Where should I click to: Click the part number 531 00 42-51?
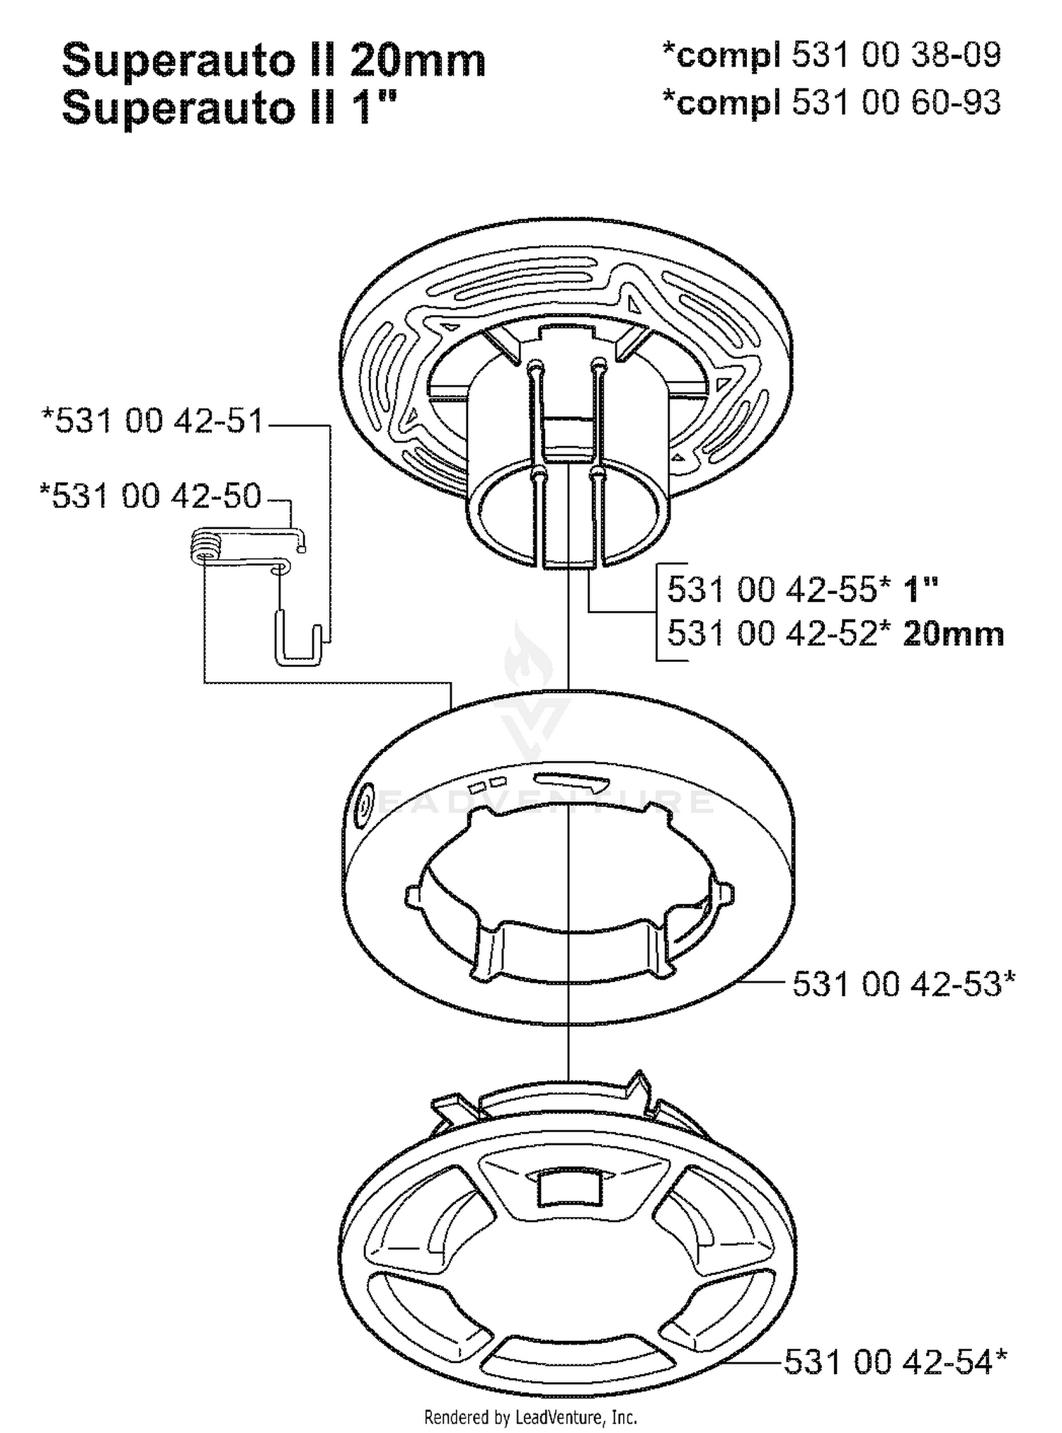tap(153, 421)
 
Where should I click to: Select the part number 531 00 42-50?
tap(151, 496)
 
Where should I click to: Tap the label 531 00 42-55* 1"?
tap(803, 588)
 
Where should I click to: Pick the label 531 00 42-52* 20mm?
tap(835, 634)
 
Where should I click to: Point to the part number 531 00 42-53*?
tap(903, 983)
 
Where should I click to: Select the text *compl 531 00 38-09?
tap(831, 55)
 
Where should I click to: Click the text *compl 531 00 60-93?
tap(831, 102)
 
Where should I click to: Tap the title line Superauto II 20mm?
tap(274, 60)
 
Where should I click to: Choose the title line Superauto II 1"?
tap(230, 108)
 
